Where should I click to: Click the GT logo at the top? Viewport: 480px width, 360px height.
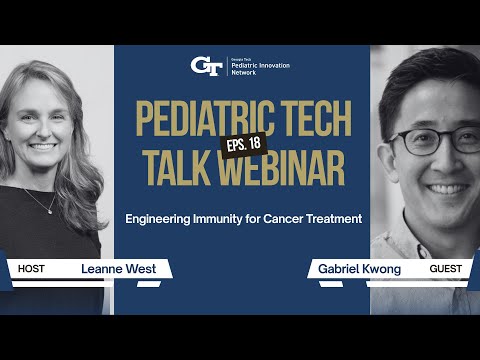click(x=206, y=65)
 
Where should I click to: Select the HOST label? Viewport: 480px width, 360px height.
click(x=32, y=269)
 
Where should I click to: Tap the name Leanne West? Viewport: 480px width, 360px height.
click(x=113, y=269)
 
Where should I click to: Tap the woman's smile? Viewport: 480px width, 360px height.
click(x=45, y=146)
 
